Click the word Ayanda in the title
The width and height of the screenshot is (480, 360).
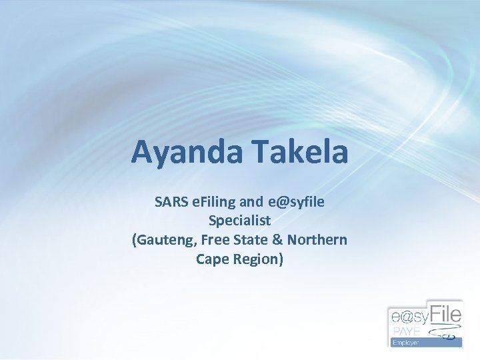coord(187,151)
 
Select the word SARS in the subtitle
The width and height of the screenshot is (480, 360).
coord(171,201)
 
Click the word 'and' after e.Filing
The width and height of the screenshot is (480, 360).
coord(251,201)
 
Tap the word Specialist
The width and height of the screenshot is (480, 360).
coord(239,220)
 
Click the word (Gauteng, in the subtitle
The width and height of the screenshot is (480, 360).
coord(162,240)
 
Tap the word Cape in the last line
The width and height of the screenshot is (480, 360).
coord(211,259)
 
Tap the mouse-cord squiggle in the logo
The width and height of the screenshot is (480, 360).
coord(445,331)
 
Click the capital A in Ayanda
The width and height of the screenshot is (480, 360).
coord(143,151)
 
